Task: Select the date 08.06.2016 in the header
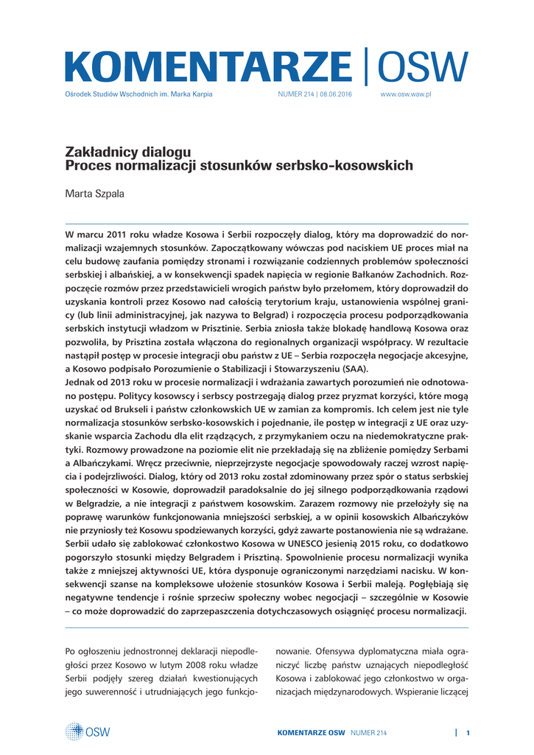[x=336, y=95]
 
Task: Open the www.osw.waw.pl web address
[x=405, y=95]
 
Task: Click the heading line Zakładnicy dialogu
[x=128, y=152]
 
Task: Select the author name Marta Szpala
[x=94, y=193]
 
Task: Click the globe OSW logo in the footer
[x=87, y=731]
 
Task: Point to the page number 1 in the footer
[x=468, y=732]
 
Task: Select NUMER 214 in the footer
[x=368, y=732]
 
